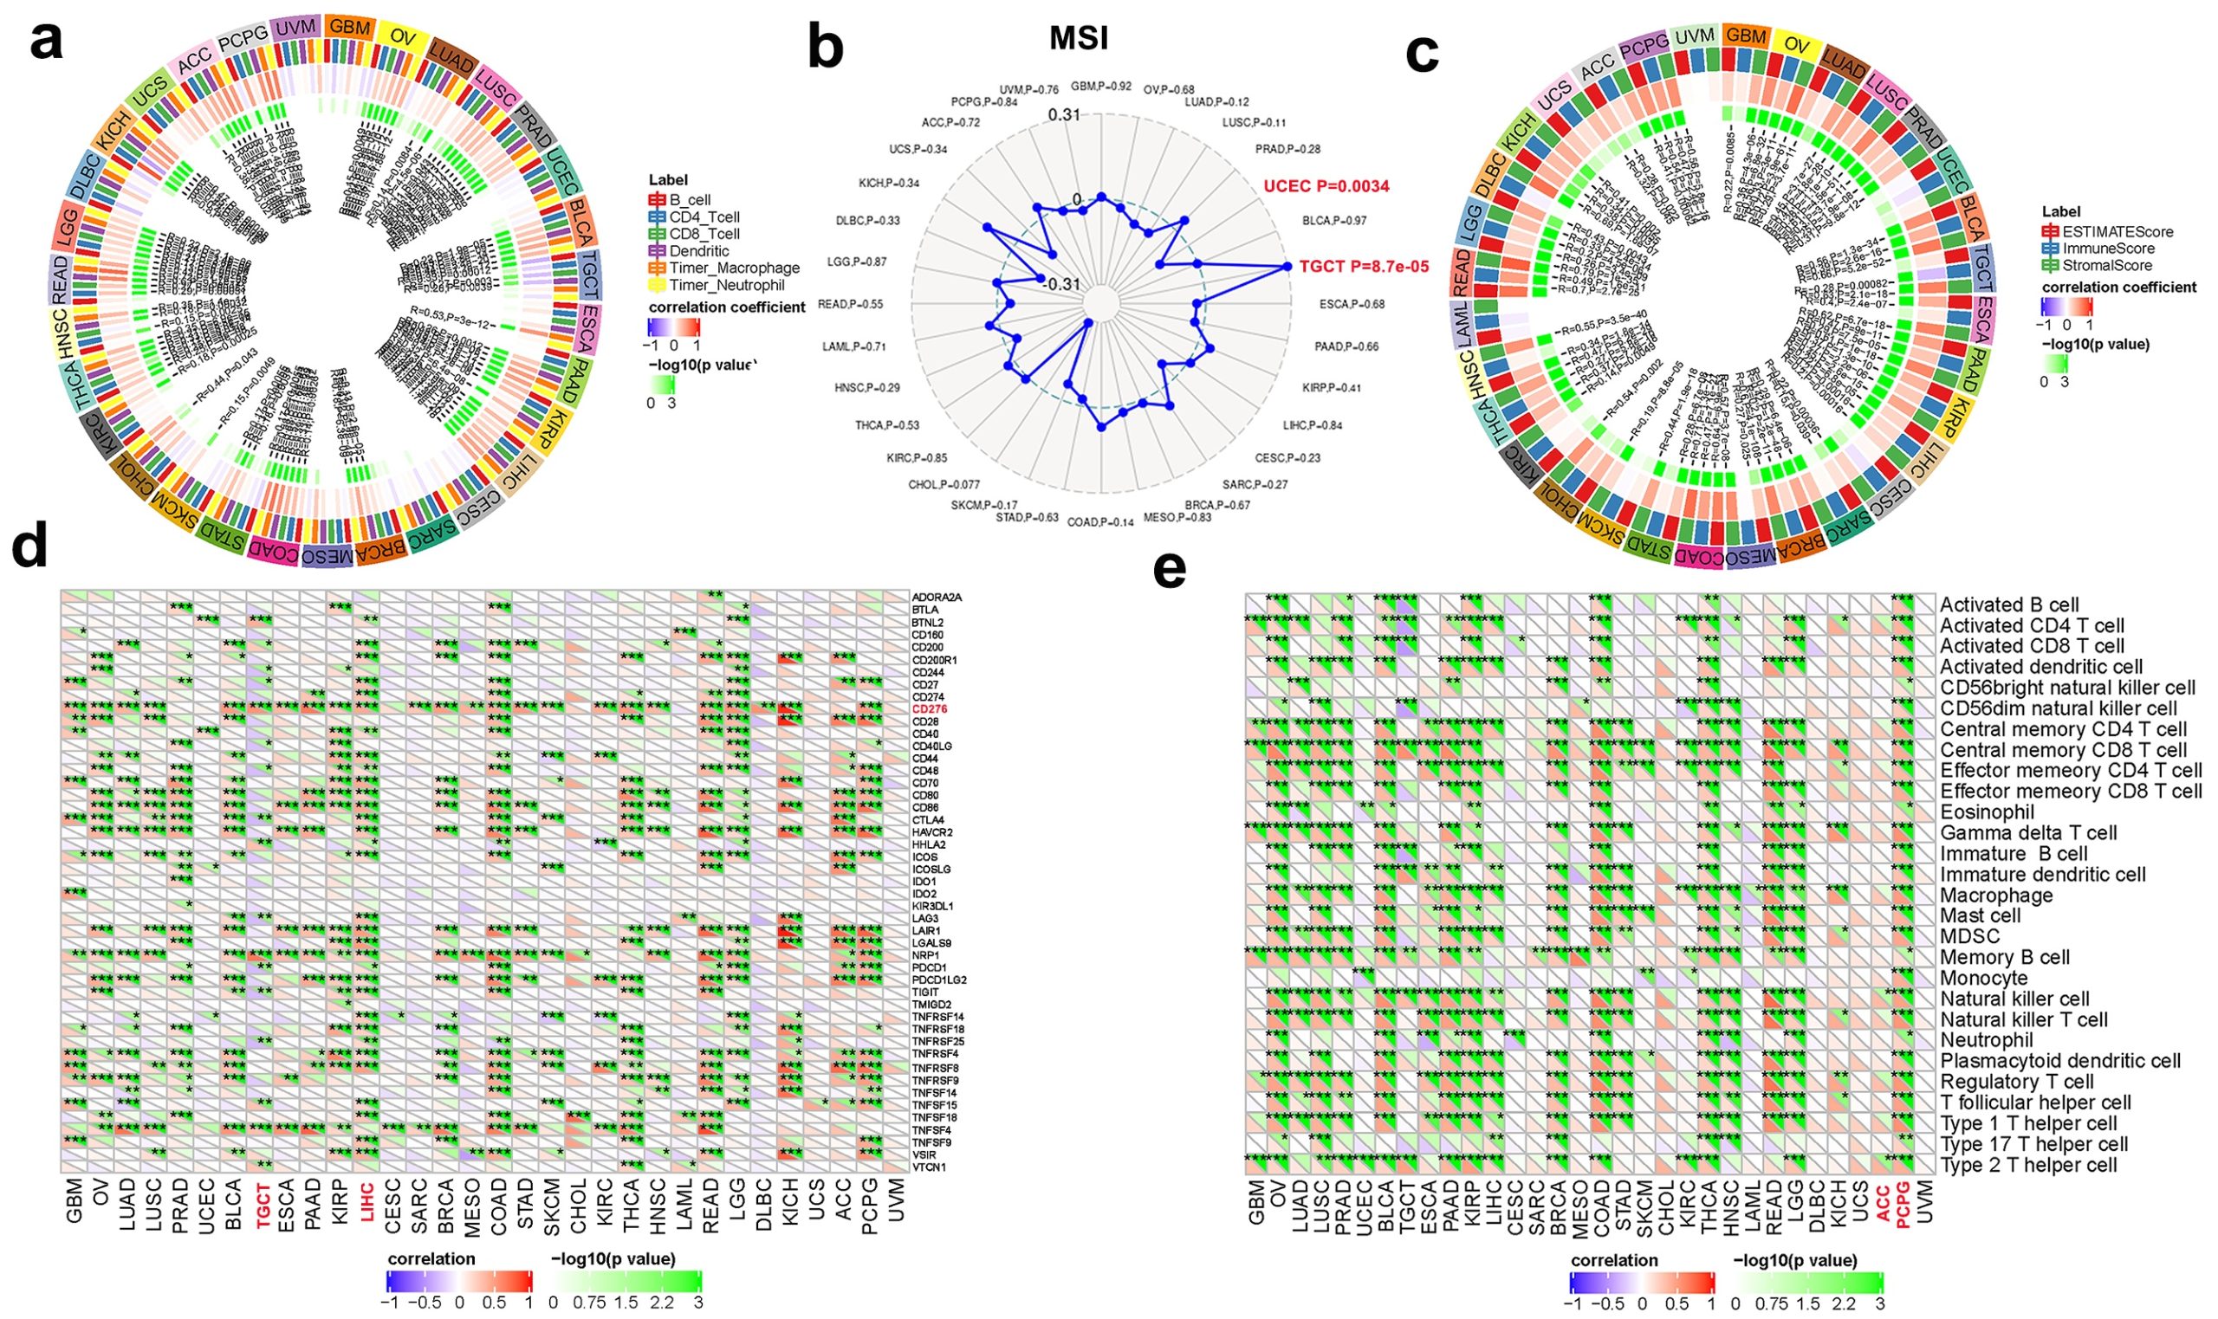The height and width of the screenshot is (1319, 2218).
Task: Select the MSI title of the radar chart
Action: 1079,39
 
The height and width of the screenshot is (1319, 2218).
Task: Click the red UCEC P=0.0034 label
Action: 1326,185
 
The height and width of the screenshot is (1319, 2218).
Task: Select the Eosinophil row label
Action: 1985,811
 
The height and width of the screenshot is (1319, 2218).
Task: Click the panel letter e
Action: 1169,571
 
